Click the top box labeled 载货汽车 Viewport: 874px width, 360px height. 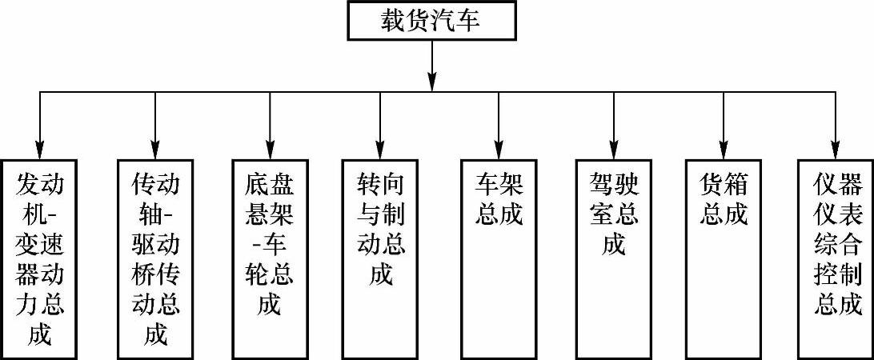[431, 20]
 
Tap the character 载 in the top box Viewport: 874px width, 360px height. [393, 20]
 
